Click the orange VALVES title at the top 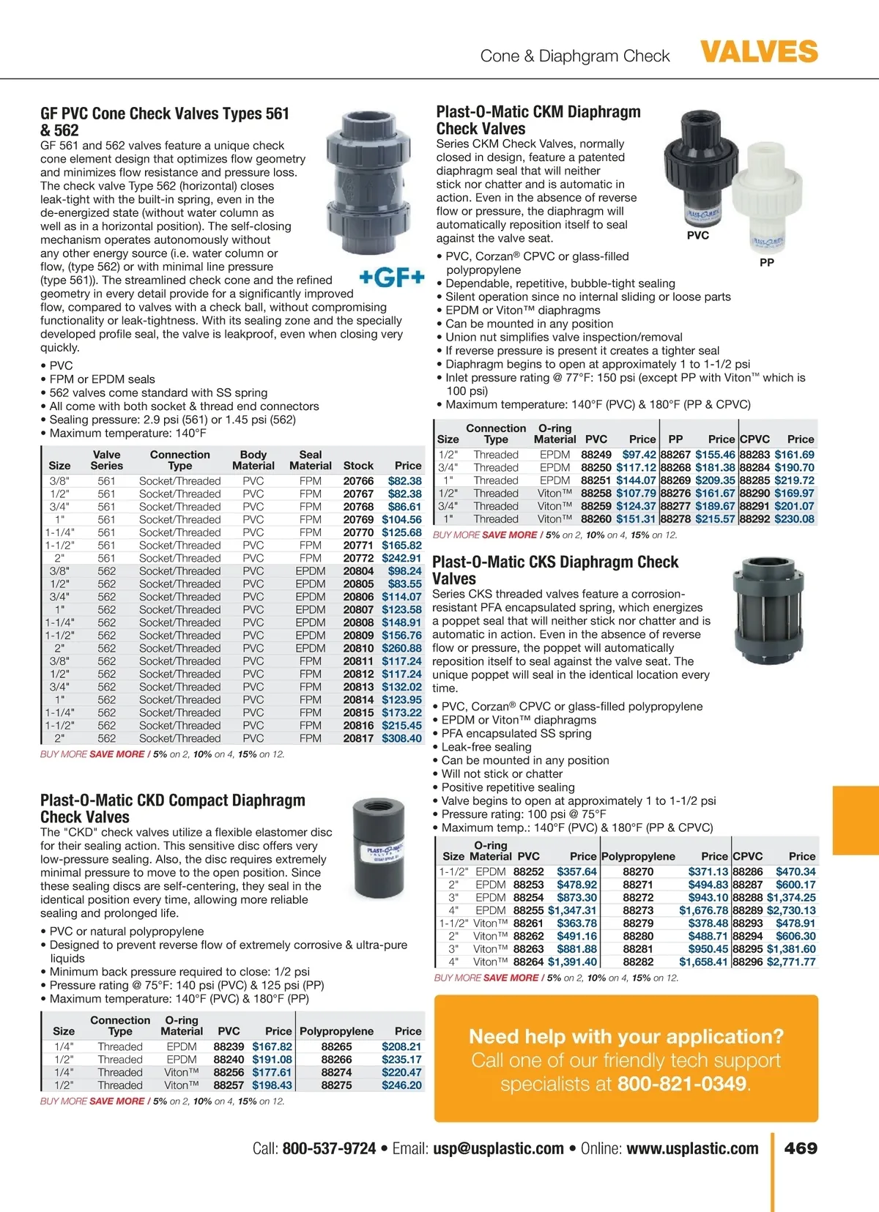point(759,52)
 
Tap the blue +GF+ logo point(392,278)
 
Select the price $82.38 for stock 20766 point(404,481)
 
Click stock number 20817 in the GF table point(358,738)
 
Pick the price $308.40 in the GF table point(401,738)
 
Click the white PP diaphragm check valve point(767,206)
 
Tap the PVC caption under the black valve point(697,236)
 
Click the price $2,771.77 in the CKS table point(791,962)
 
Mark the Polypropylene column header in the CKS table point(638,856)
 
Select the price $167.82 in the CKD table point(272,1046)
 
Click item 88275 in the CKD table point(336,1085)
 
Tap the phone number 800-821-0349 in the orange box point(682,1084)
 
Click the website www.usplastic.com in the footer point(692,1148)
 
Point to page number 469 point(801,1148)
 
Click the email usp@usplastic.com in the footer point(498,1148)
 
